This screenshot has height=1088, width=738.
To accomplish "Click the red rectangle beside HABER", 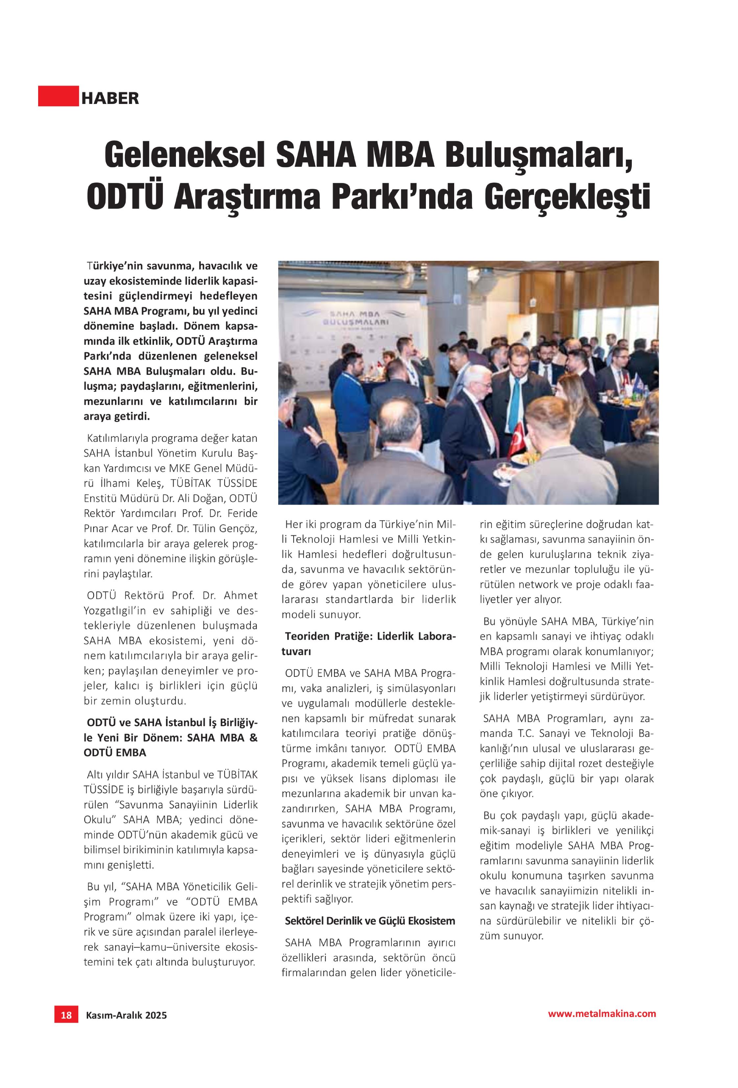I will click(58, 96).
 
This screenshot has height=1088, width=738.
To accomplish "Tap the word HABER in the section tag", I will click(110, 98).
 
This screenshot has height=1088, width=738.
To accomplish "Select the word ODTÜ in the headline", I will click(125, 197).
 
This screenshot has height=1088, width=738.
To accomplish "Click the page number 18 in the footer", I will click(66, 1027).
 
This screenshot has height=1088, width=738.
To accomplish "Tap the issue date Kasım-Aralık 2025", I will click(126, 1028).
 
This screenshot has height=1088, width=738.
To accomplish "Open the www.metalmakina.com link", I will click(602, 1027).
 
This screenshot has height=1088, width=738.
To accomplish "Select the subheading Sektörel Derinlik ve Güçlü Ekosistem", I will click(370, 921).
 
